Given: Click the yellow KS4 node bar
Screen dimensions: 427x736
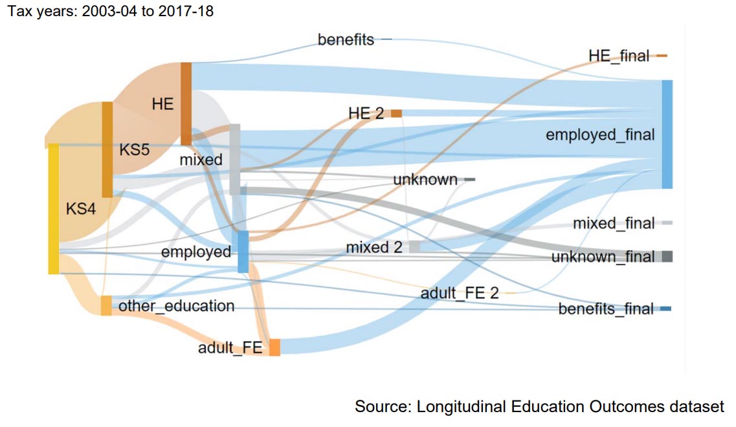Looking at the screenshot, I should (54, 208).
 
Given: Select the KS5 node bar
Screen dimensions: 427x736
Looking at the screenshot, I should (107, 149).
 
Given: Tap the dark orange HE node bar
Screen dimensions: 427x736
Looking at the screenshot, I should (186, 104).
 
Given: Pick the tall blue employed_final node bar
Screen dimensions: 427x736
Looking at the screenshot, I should (667, 134).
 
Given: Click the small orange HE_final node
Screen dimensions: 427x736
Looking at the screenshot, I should (662, 56).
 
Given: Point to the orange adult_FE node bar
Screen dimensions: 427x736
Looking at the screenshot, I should (274, 347).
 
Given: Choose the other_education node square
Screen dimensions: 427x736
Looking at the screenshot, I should (106, 305).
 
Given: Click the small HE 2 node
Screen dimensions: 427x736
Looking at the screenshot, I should (396, 113).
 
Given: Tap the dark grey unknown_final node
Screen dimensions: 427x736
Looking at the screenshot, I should (667, 256).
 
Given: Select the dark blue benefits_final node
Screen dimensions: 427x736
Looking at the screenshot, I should (665, 309).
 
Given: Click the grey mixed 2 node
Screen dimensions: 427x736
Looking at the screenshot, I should (414, 246).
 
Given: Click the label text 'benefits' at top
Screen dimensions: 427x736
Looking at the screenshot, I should (346, 40).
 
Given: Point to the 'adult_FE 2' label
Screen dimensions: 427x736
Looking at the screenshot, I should (460, 293).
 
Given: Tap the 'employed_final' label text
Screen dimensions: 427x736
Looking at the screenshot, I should (600, 135).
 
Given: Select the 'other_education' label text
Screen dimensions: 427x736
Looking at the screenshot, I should (176, 305).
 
